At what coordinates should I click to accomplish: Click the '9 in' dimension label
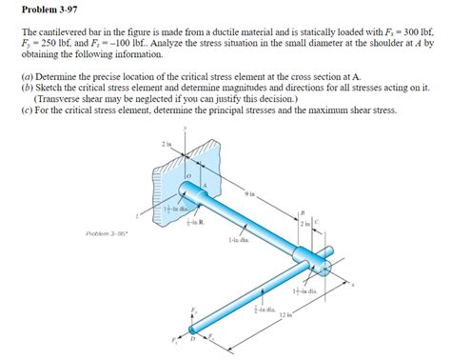coord(249,194)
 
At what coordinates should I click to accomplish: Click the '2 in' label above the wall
coord(167,142)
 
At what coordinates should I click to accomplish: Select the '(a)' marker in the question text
coord(27,75)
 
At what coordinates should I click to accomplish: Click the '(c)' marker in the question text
coord(27,110)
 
